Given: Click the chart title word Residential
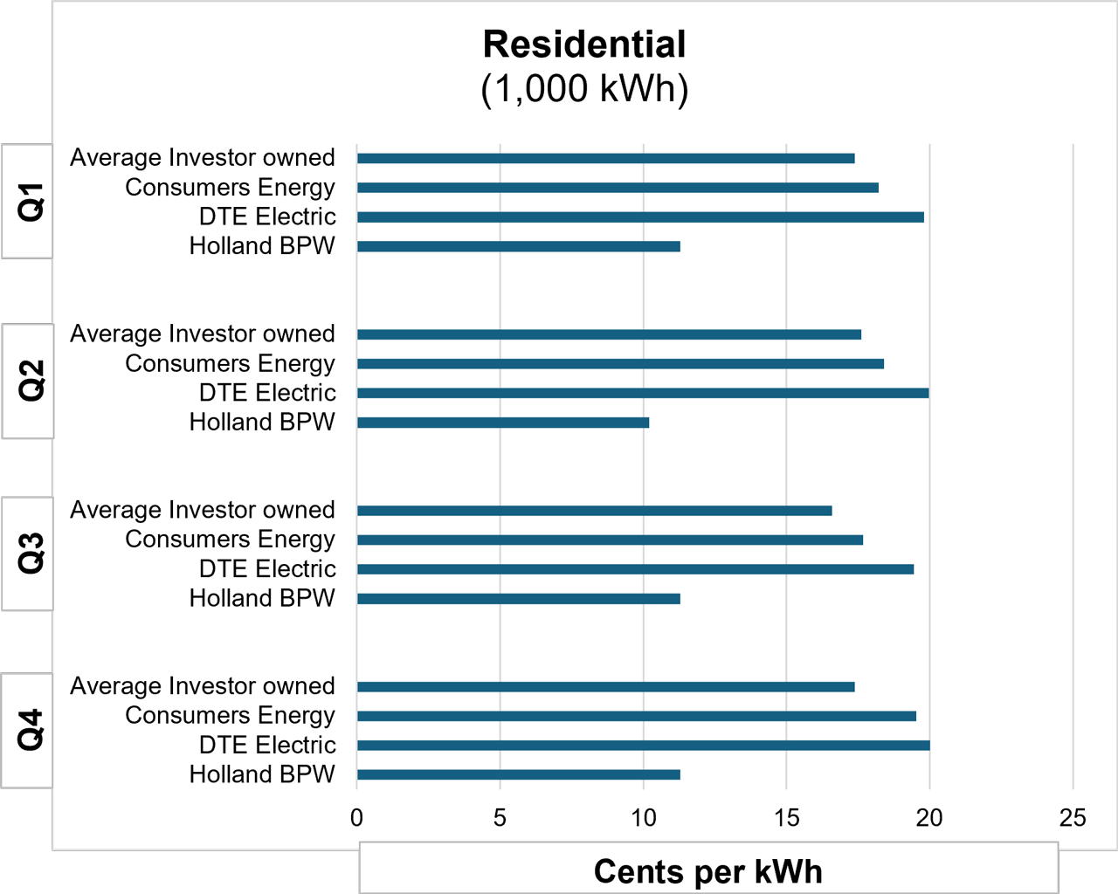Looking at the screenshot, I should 584,45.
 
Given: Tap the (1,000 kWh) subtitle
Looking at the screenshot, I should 584,88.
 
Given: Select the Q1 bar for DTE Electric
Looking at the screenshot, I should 640,217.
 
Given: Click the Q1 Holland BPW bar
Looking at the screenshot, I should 518,246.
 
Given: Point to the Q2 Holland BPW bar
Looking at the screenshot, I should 503,423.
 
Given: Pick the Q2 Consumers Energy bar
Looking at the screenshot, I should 620,363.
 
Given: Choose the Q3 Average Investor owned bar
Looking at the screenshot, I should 594,511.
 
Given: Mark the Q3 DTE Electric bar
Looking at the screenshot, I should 635,569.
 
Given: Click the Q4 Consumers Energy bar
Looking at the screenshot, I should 636,716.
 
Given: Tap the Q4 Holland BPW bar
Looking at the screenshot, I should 518,774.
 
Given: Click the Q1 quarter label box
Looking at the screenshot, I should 27,202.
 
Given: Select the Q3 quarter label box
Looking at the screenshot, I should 27,554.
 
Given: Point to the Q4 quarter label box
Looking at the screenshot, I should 27,730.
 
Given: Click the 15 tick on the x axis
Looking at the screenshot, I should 786,818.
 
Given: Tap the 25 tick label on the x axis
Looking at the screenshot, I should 1073,818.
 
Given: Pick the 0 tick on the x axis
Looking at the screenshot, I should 356,818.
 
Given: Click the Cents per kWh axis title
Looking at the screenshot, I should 708,871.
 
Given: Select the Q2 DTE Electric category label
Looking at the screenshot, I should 267,393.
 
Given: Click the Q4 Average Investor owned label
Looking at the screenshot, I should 203,686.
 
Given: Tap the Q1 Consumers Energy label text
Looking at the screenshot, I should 230,188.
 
